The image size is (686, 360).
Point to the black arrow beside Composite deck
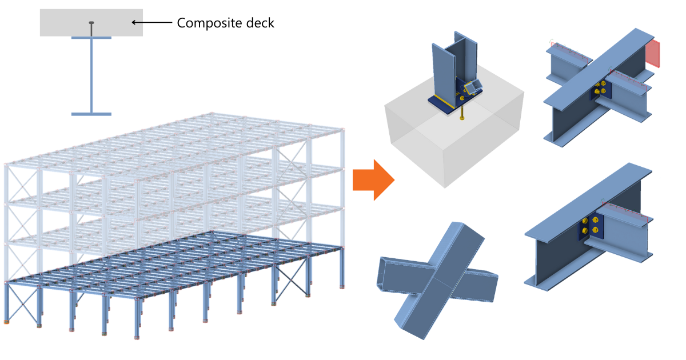pyautogui.click(x=151, y=23)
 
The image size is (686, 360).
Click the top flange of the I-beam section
pyautogui.click(x=91, y=38)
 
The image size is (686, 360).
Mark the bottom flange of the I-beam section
pyautogui.click(x=91, y=114)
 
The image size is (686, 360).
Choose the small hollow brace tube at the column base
pyautogui.click(x=474, y=87)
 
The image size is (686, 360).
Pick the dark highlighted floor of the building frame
pyautogui.click(x=171, y=263)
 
